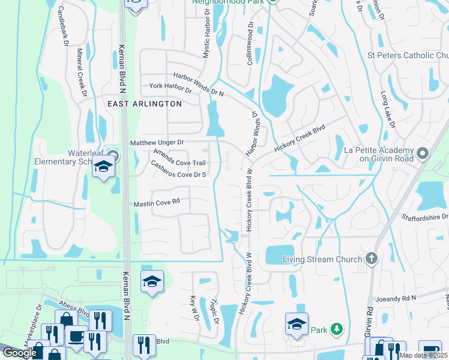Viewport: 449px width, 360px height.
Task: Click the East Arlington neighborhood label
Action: pos(144,104)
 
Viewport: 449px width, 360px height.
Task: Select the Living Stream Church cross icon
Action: pos(372,259)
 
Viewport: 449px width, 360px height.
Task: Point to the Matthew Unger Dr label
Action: pos(157,142)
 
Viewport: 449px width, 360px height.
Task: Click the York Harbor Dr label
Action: pos(170,89)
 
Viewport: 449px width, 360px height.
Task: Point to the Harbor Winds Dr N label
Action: pos(198,85)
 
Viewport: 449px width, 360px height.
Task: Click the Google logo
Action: pos(19,353)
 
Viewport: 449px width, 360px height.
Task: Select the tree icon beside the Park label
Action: pos(337,329)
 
